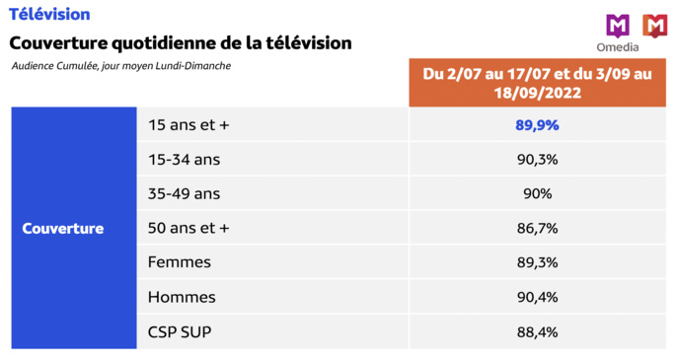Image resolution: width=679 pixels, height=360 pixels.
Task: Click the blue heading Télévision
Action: click(x=49, y=15)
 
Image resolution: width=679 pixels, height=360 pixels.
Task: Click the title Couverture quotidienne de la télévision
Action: click(x=180, y=43)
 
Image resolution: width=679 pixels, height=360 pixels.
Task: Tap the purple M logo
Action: click(x=618, y=26)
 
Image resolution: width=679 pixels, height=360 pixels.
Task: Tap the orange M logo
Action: click(x=654, y=26)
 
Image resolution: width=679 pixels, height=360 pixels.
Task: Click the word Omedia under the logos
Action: click(x=618, y=47)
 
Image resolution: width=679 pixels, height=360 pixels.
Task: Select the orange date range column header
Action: click(x=537, y=83)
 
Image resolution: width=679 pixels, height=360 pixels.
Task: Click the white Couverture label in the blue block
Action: click(x=63, y=228)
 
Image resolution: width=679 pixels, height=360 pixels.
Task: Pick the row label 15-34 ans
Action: click(x=185, y=160)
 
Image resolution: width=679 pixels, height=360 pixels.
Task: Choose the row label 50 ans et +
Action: click(x=188, y=228)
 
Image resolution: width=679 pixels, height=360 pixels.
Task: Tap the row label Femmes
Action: click(x=179, y=262)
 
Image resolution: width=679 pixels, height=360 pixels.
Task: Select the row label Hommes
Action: click(x=181, y=297)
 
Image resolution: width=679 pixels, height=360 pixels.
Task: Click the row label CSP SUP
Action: click(x=179, y=331)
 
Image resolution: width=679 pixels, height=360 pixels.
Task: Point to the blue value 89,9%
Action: click(x=537, y=125)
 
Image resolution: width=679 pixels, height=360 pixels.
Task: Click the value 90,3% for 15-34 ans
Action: click(x=537, y=160)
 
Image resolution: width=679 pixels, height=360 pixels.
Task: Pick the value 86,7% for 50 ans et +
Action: click(x=537, y=228)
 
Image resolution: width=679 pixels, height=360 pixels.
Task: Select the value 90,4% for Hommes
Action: click(x=537, y=297)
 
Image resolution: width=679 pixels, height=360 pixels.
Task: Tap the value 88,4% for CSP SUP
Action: click(x=537, y=331)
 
